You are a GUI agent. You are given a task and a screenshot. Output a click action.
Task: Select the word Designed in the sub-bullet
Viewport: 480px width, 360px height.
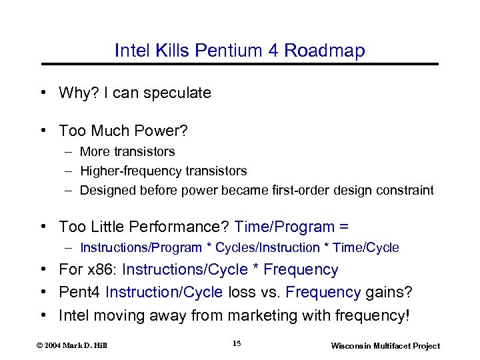(x=107, y=190)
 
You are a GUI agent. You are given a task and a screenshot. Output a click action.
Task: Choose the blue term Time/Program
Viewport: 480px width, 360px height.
(x=286, y=227)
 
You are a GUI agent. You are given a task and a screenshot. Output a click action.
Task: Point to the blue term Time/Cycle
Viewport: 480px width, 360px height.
(x=367, y=248)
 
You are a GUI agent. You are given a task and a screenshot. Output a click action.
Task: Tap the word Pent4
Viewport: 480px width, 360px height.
(x=80, y=292)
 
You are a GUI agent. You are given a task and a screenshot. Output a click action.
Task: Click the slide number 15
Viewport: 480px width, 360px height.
(x=237, y=343)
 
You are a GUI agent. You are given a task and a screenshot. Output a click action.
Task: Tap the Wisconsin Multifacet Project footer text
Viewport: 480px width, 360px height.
(x=385, y=345)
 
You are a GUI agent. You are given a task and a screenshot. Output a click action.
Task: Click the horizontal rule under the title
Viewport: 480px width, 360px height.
(x=240, y=64)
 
